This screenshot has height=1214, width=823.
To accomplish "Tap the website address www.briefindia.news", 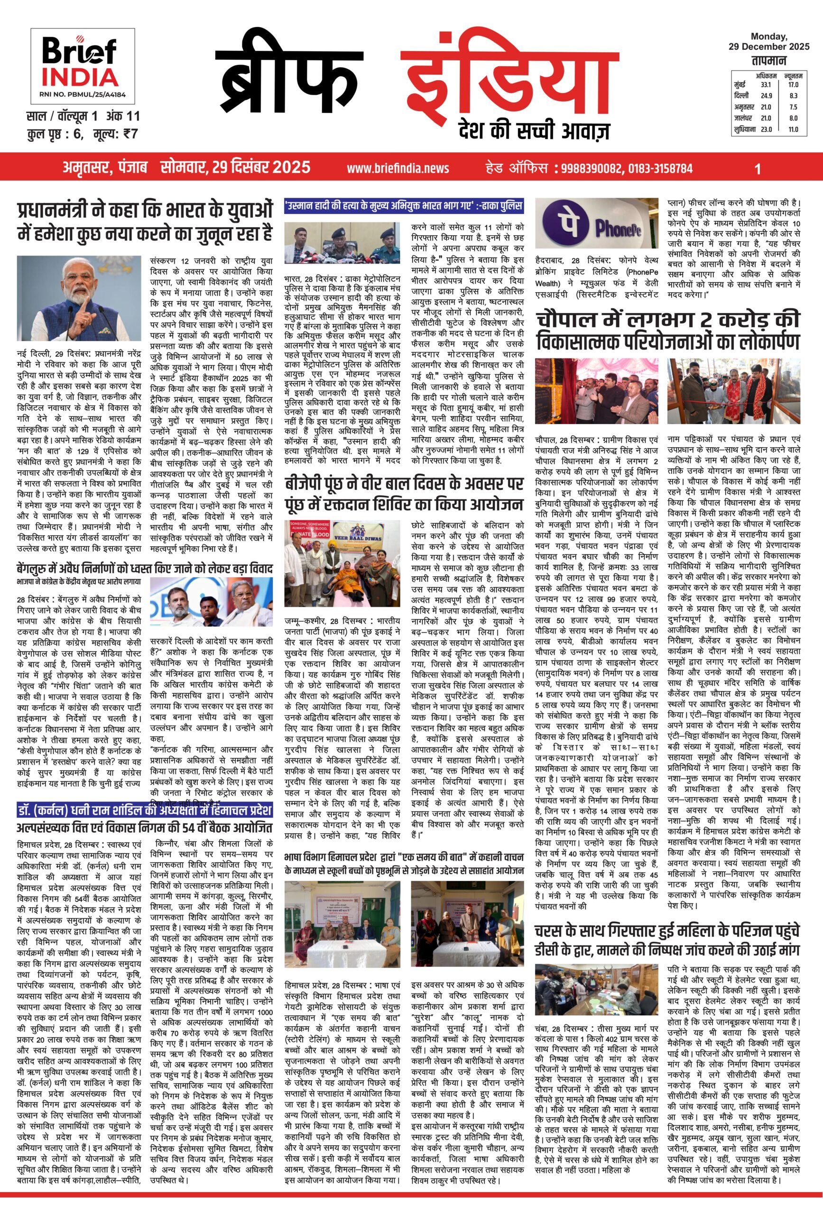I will click(x=398, y=168).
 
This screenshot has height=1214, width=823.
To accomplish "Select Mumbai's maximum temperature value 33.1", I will click(x=766, y=84).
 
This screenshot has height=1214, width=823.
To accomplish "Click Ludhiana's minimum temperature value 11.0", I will click(x=793, y=129).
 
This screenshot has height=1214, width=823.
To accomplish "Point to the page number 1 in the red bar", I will click(x=758, y=168).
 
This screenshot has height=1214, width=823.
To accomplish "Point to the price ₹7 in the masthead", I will click(x=130, y=134).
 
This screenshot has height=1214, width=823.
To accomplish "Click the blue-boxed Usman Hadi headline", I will click(x=404, y=205).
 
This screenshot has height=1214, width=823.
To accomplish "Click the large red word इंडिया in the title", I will click(x=510, y=82).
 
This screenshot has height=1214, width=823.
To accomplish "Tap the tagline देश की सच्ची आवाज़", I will click(x=533, y=129).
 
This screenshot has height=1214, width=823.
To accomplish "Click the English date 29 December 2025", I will click(x=768, y=46).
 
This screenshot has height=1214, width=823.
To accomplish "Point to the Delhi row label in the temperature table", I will click(x=741, y=96).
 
